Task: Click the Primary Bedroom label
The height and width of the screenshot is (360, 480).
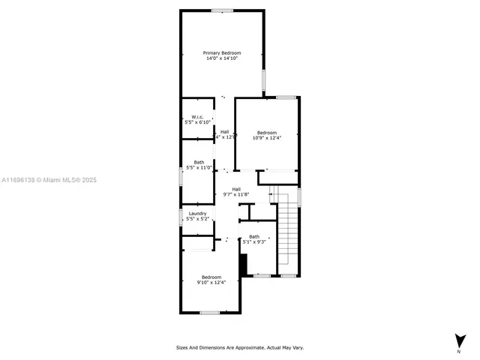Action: (x=222, y=52)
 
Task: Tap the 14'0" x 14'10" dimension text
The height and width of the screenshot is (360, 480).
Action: (x=222, y=58)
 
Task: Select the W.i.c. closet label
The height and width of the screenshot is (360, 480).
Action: (x=198, y=116)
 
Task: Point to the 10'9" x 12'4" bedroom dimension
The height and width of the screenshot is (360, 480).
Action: (x=267, y=137)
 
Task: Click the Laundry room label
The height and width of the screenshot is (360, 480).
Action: (x=197, y=214)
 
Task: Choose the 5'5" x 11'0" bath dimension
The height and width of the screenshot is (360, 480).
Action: (x=199, y=167)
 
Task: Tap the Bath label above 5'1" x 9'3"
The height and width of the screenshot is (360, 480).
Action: (x=254, y=236)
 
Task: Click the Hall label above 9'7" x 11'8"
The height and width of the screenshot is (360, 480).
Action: (x=236, y=189)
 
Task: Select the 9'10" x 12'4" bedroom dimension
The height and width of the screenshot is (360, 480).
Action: (x=209, y=283)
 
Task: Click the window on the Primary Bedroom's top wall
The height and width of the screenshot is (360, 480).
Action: (x=221, y=10)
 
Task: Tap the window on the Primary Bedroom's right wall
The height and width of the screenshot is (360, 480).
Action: (x=263, y=79)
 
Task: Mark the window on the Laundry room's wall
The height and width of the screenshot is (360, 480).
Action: (x=181, y=217)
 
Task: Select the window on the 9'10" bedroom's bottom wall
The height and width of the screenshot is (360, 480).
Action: (x=209, y=312)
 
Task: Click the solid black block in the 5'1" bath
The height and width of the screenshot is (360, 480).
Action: (x=243, y=265)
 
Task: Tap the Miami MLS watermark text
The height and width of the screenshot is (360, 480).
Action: (x=49, y=180)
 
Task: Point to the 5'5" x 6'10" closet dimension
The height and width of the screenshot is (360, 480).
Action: (x=198, y=121)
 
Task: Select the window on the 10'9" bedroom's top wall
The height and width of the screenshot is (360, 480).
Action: (x=286, y=97)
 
